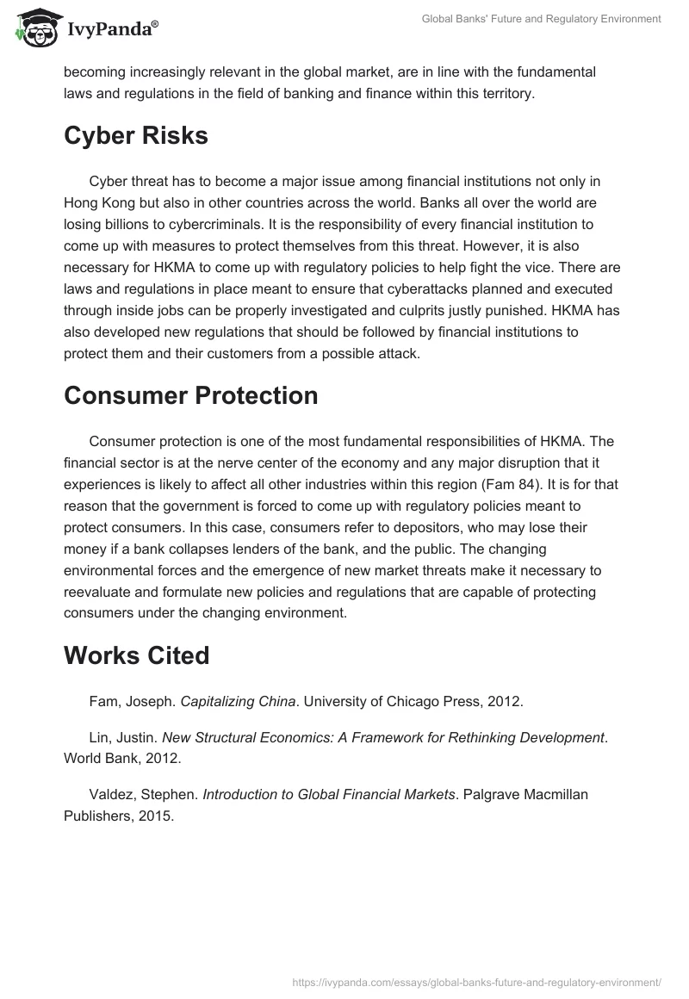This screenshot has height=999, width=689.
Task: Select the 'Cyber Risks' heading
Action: point(136,136)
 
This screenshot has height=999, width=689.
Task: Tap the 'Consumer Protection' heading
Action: point(191,395)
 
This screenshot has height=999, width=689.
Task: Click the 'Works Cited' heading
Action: point(137,655)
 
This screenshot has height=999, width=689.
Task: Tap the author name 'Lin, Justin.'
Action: point(123,738)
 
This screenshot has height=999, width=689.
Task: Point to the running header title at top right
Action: point(541,19)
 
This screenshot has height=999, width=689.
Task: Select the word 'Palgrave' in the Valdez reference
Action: point(493,794)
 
